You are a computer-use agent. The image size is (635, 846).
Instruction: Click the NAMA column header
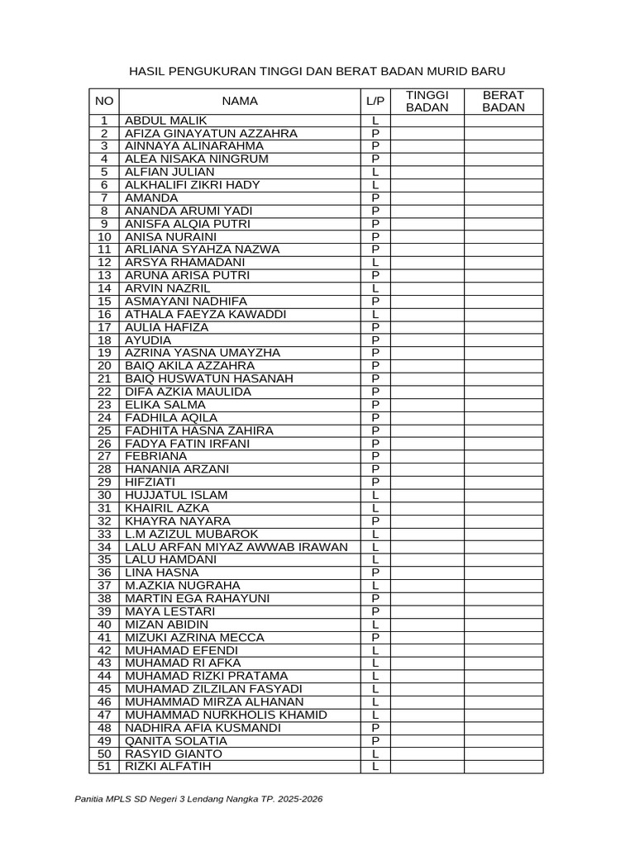(x=240, y=101)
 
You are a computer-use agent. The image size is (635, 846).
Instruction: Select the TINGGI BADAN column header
(x=427, y=101)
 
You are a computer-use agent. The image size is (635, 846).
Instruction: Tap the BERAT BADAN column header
(x=503, y=101)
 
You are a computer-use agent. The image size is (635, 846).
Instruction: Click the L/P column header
(x=375, y=101)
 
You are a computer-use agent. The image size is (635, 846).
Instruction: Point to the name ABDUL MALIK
(x=165, y=121)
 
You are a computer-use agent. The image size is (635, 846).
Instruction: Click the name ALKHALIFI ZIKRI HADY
(x=192, y=185)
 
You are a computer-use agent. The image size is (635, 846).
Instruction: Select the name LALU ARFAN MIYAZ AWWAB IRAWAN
(x=236, y=547)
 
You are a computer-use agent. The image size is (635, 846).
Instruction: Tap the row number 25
(x=104, y=430)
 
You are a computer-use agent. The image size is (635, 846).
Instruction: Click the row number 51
(x=104, y=766)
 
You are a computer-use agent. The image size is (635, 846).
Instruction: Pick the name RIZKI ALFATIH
(x=168, y=766)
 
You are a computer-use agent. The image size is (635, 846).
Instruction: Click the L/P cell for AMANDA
(x=375, y=198)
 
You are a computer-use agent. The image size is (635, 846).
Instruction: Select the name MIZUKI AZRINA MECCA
(x=194, y=637)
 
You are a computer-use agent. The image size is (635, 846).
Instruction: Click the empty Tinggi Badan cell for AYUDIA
(x=427, y=340)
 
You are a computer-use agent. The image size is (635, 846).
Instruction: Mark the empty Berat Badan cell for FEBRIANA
(x=503, y=456)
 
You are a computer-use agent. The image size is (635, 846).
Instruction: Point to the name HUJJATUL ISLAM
(x=175, y=495)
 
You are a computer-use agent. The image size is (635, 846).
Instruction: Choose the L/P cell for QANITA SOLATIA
(x=375, y=740)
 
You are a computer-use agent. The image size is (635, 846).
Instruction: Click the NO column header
(x=104, y=101)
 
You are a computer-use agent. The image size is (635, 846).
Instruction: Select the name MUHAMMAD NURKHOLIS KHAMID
(x=226, y=715)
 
